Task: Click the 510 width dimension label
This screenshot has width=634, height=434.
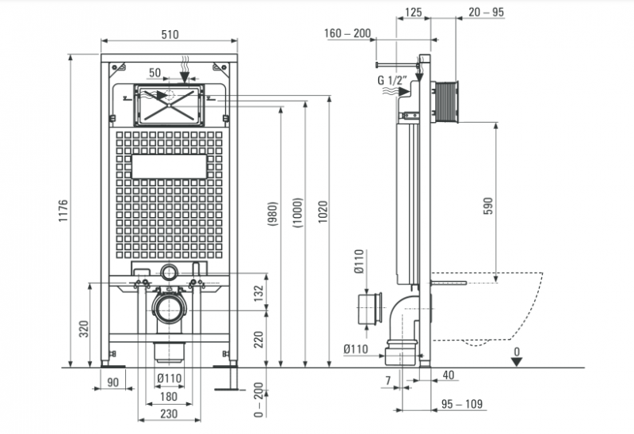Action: tap(170, 34)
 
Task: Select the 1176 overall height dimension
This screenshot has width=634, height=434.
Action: tap(63, 211)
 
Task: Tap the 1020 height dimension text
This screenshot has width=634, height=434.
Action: tap(323, 211)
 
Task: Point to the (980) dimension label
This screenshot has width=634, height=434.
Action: tap(273, 214)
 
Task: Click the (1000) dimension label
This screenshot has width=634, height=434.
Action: tap(297, 212)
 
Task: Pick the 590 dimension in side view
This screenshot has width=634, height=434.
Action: tap(488, 206)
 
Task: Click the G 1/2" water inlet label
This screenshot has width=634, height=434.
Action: tap(392, 80)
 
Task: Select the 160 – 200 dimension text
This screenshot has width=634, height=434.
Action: tap(347, 33)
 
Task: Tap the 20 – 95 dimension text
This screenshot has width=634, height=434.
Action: tap(487, 12)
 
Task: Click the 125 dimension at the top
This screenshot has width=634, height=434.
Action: tap(413, 12)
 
